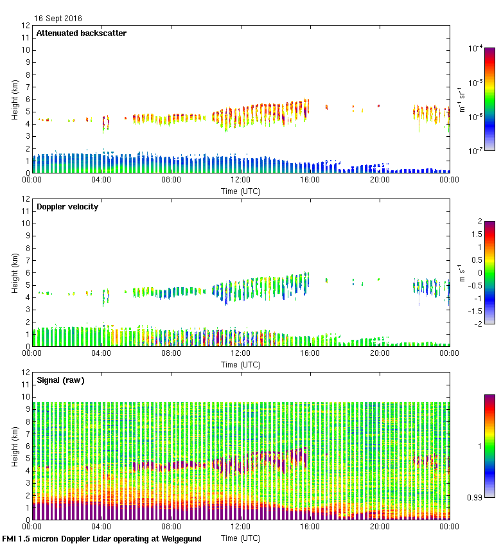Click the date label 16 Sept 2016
point(58,19)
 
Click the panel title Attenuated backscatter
point(82,33)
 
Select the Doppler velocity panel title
point(67,207)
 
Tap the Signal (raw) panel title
point(61,380)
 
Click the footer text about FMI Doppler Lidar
point(102,539)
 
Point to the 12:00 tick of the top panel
point(241,181)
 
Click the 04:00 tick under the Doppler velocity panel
point(101,354)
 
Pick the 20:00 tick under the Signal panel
point(380,527)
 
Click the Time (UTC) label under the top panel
point(241,191)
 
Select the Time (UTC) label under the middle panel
point(241,364)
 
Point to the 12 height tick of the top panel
point(26,26)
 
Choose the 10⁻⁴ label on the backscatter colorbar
point(475,48)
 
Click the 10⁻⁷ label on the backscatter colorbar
point(475,150)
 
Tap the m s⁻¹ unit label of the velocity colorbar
point(461,273)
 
